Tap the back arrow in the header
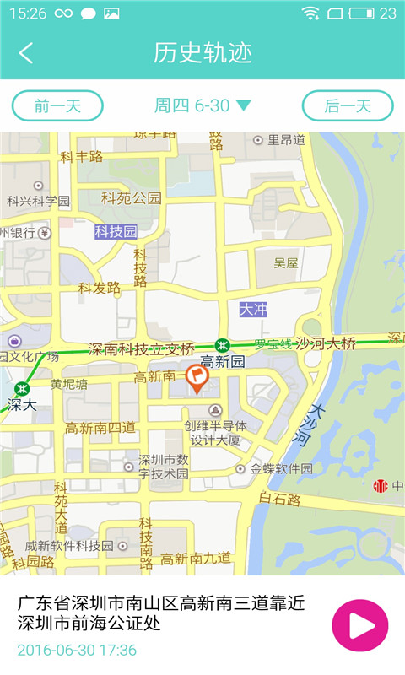(26, 53)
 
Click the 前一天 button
(57, 105)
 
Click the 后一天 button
(348, 105)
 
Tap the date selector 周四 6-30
(202, 105)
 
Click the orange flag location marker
(197, 377)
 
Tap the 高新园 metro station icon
(222, 345)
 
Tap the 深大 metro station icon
(23, 388)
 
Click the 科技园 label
(116, 231)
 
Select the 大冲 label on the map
(253, 310)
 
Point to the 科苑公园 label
(131, 199)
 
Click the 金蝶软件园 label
(281, 468)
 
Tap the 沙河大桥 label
(325, 343)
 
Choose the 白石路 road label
(279, 499)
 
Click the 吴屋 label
(286, 263)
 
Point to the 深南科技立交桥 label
(142, 348)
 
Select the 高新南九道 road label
(196, 558)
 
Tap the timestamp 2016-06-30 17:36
(77, 650)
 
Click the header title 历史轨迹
(202, 53)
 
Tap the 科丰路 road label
(81, 156)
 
